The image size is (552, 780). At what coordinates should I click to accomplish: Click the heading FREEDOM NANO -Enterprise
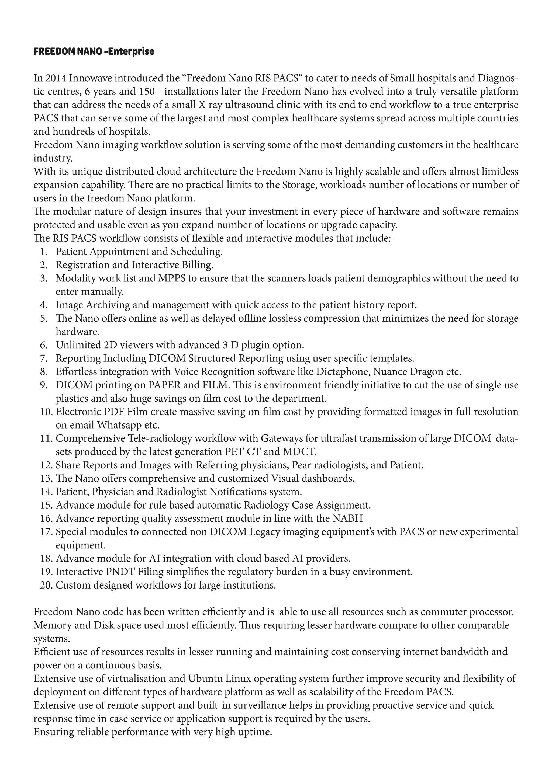click(x=94, y=51)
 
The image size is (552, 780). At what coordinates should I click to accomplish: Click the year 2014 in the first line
click(x=56, y=78)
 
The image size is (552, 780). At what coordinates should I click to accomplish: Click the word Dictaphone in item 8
click(x=343, y=372)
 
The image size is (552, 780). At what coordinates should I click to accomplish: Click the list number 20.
click(x=46, y=585)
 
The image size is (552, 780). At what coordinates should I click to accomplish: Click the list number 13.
click(x=46, y=478)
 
